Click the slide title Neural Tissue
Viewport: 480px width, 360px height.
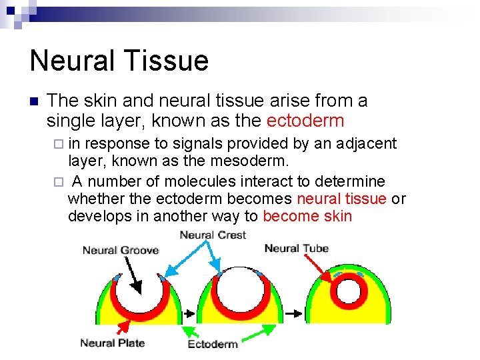point(119,60)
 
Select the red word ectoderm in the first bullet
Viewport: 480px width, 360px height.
point(305,121)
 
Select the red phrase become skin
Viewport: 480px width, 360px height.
point(307,216)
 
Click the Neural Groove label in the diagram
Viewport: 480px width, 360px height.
point(121,250)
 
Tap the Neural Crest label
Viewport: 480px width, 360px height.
point(213,235)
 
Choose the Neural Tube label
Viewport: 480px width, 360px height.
point(297,248)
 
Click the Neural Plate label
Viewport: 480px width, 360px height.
point(112,343)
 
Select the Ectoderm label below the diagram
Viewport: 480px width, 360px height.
point(213,344)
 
